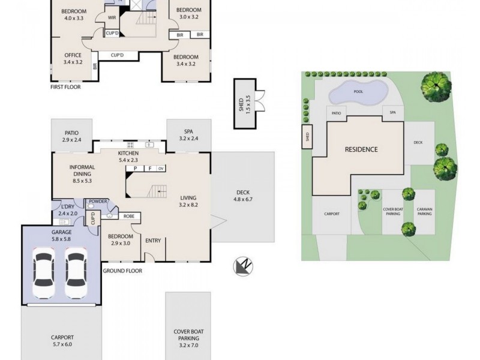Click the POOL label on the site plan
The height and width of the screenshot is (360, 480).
[x=359, y=92]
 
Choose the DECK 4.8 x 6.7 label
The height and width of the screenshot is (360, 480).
[x=243, y=196]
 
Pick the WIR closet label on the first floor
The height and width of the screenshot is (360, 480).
[x=112, y=18]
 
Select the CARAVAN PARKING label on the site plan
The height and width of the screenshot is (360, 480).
[x=425, y=212]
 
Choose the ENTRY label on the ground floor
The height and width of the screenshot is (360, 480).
[x=153, y=241]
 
